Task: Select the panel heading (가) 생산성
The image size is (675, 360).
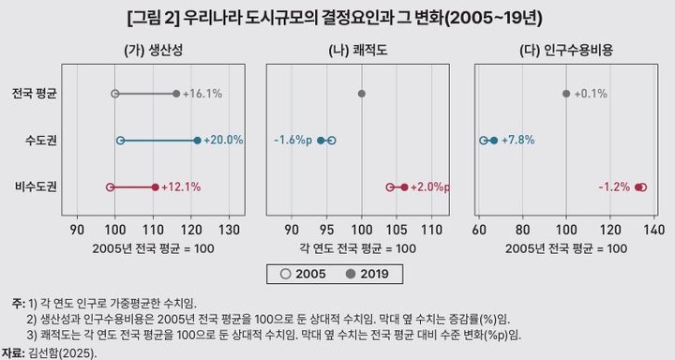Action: click(153, 50)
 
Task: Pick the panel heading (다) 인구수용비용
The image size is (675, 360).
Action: click(566, 50)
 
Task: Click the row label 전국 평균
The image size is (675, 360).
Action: click(35, 94)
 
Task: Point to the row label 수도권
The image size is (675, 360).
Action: click(42, 141)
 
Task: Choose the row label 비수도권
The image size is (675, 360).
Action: click(37, 187)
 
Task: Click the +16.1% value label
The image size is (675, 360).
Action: click(202, 94)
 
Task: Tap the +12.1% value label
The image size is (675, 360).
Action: click(181, 187)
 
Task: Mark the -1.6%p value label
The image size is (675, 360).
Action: click(292, 141)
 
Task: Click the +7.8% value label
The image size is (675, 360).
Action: click(517, 141)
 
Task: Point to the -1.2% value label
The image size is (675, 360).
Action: click(614, 187)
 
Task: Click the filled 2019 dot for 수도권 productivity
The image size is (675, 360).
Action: click(198, 141)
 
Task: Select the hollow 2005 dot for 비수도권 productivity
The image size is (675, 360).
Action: click(111, 187)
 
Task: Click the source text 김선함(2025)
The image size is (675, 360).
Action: click(63, 352)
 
